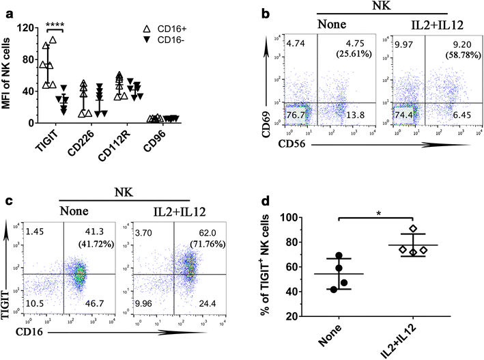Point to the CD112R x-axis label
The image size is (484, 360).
117,144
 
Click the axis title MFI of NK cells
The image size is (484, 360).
8,75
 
